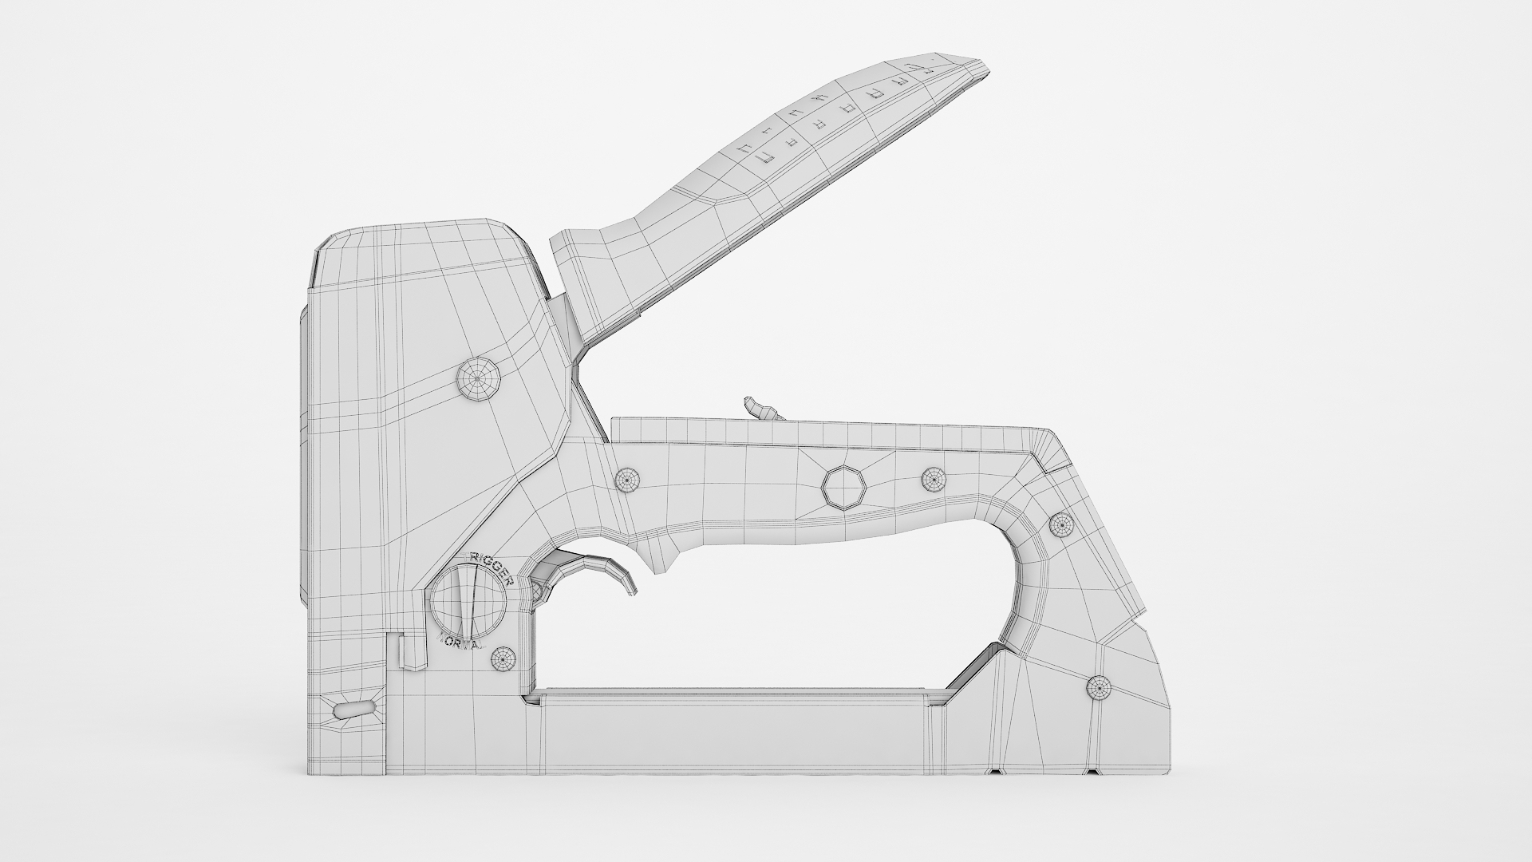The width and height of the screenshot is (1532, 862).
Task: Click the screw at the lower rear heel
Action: coord(1099,687)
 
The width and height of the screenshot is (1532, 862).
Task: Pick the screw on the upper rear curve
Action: coord(1061,524)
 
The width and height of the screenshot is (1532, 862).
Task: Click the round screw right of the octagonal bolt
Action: coord(934,479)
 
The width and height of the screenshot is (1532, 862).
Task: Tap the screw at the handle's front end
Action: coord(628,480)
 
